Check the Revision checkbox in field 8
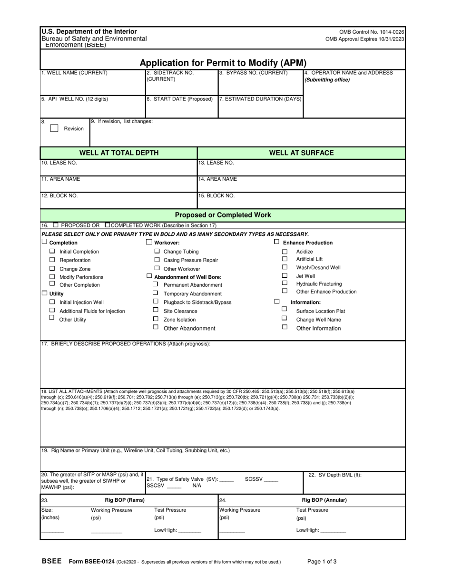[x=54, y=128]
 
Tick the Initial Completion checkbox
[x=52, y=251]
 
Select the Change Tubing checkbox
[x=157, y=251]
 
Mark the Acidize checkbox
[x=285, y=252]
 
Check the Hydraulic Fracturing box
[x=285, y=283]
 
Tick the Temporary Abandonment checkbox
[x=155, y=293]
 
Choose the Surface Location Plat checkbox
[x=285, y=310]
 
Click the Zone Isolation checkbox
[x=155, y=319]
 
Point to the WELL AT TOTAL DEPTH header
[x=118, y=153]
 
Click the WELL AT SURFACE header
[x=301, y=153]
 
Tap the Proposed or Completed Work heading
[x=223, y=215]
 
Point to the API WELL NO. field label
[x=75, y=99]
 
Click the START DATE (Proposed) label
[x=179, y=99]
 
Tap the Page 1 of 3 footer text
[x=322, y=561]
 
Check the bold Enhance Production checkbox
[x=276, y=242]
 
